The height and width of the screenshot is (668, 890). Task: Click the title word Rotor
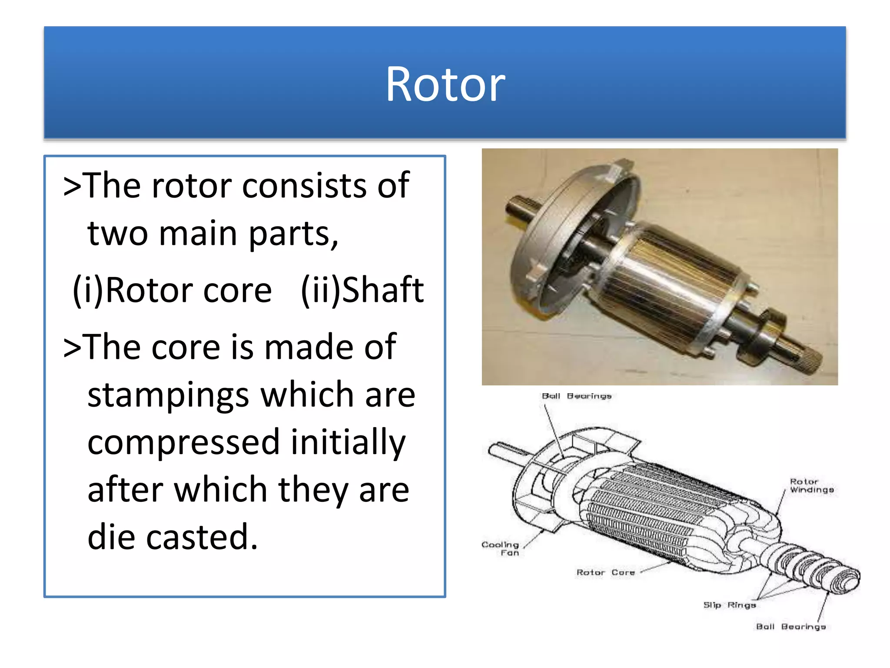point(445,85)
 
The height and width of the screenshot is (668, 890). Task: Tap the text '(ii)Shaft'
point(362,291)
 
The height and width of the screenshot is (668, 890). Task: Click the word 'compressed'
point(183,443)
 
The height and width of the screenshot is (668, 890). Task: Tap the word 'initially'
point(348,443)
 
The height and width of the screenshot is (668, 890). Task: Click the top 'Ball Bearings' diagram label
point(576,396)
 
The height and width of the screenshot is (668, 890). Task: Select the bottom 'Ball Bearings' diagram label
point(790,627)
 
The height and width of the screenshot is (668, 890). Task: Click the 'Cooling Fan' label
point(501,548)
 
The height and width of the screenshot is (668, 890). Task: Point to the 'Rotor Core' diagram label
point(605,572)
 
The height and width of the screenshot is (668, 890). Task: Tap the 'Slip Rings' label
point(729,605)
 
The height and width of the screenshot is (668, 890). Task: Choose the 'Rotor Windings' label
point(811,486)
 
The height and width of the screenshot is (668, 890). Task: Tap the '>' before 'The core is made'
point(72,347)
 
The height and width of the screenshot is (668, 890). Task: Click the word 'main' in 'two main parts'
point(198,234)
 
